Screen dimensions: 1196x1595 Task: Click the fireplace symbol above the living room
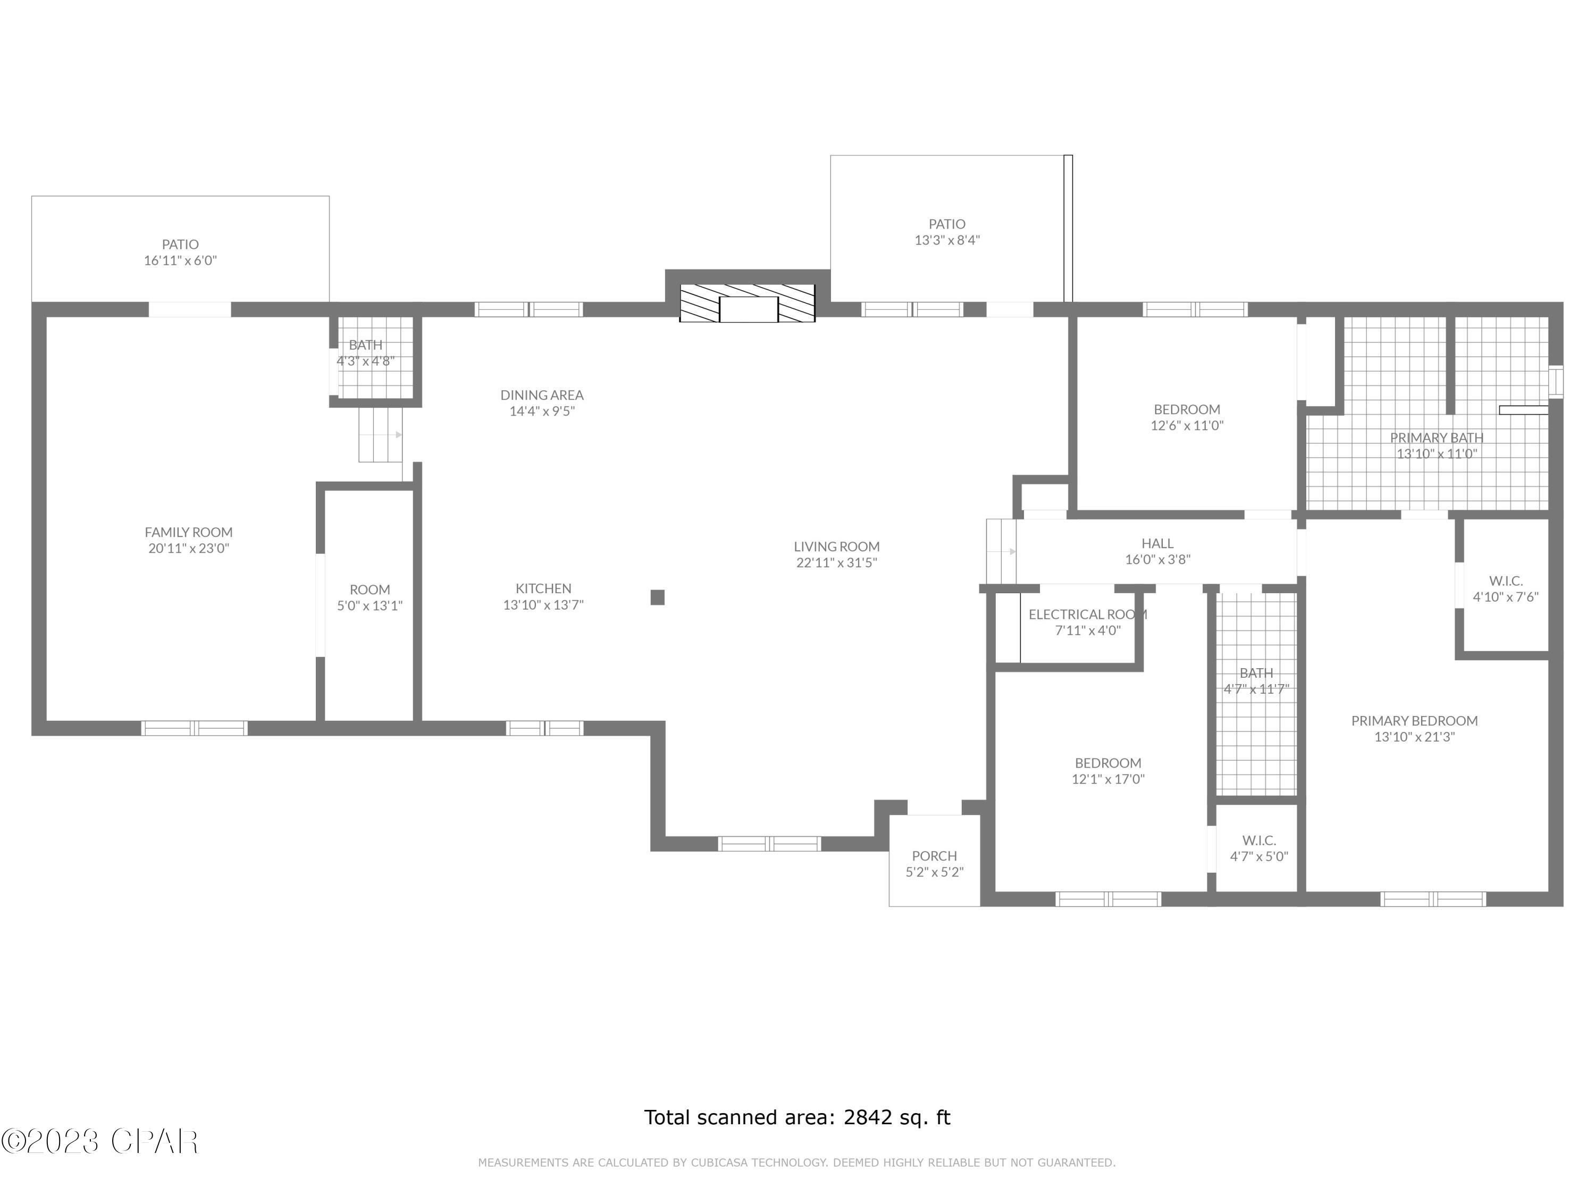click(748, 304)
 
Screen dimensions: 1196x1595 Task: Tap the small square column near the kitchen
click(657, 597)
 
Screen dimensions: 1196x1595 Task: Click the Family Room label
click(188, 532)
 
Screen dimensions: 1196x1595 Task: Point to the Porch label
click(934, 856)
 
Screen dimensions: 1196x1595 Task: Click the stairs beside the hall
click(1001, 552)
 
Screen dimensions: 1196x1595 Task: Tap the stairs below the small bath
click(380, 435)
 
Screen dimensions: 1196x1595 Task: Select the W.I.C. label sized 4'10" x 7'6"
click(1506, 580)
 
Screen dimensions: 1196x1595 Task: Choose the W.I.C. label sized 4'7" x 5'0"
click(1259, 840)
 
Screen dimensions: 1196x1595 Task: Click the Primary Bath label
click(1437, 437)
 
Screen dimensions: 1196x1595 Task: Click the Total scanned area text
click(797, 1117)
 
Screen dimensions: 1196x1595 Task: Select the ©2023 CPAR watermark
click(99, 1141)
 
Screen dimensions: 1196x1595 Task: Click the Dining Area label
click(542, 395)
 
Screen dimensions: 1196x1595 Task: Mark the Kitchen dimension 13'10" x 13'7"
click(543, 605)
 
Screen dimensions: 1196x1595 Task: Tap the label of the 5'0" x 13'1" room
click(369, 589)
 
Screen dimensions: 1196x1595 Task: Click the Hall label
click(1157, 544)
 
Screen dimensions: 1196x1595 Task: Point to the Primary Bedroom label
click(1414, 720)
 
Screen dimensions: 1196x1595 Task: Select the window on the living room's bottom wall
click(769, 844)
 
